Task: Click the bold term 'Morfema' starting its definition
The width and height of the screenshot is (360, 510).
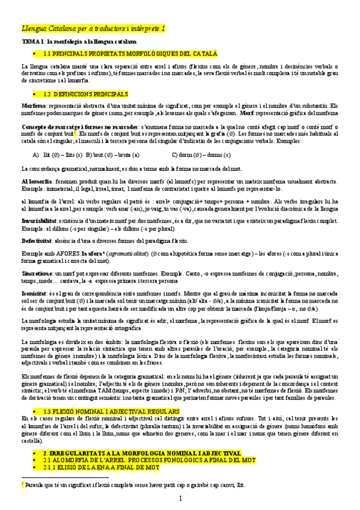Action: [x=32, y=105]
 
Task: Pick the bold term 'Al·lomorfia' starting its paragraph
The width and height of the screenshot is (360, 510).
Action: [x=35, y=181]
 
